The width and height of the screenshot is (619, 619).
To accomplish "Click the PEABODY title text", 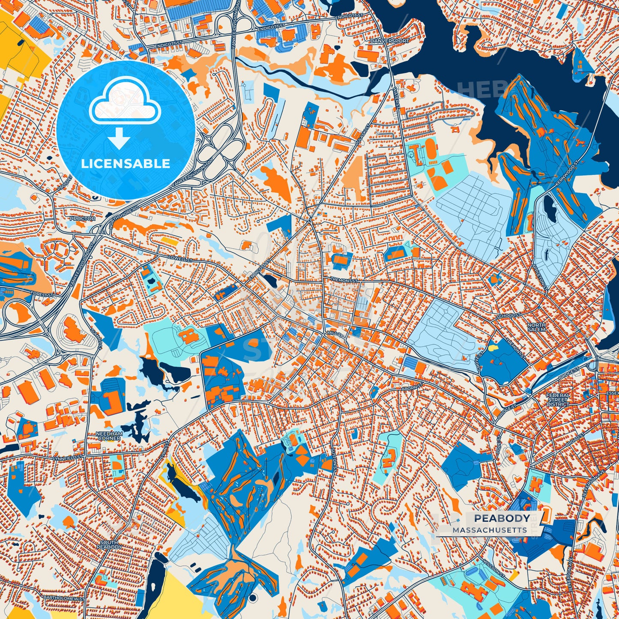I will pos(502,518).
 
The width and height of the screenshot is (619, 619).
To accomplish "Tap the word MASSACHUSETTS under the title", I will pos(490,530).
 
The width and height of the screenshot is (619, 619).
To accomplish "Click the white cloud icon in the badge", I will pos(125,103).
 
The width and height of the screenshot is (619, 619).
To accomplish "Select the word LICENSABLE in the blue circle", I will pos(126,164).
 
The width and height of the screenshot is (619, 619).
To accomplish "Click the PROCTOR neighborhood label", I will pos(83,218).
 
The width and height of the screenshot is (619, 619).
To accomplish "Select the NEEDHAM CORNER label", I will pos(110,436).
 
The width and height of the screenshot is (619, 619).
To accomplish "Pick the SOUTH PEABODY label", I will pos(109,545).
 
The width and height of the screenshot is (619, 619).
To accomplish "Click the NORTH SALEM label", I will pos(536,327).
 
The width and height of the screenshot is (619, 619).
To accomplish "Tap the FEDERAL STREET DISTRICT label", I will pos(558,400).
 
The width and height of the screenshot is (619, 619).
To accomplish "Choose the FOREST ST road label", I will pos(42,295).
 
